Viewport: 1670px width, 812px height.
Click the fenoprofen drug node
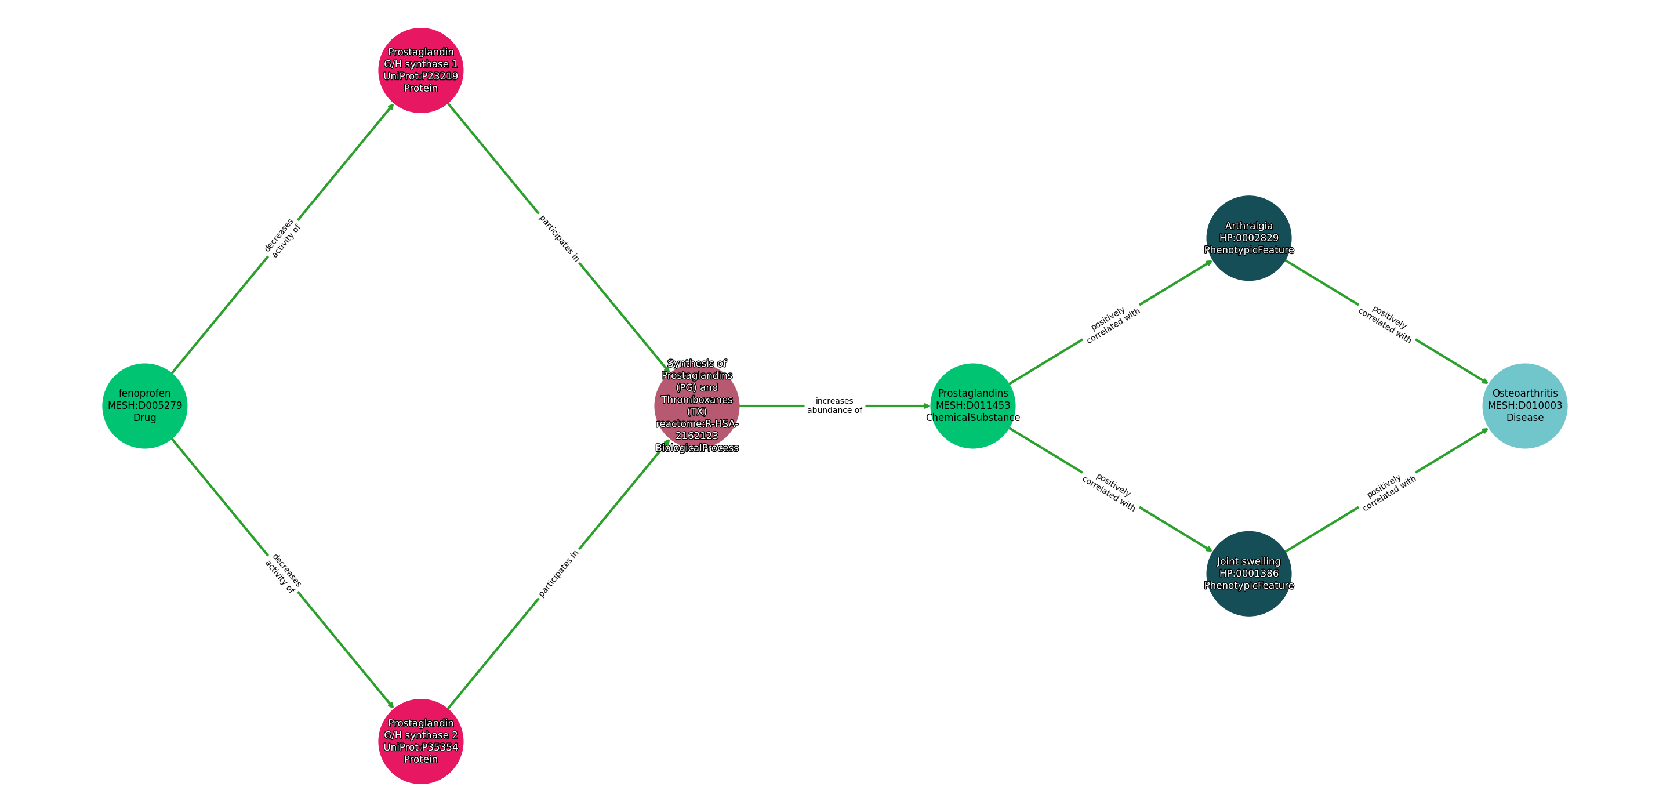point(144,405)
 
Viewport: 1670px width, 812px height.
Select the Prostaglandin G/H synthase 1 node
point(421,70)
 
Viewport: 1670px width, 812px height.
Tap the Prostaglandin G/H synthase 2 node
point(421,741)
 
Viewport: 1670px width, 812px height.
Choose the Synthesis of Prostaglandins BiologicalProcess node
point(697,405)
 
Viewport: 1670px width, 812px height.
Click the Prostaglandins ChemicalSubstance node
point(972,405)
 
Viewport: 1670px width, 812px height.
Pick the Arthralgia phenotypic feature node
point(1248,238)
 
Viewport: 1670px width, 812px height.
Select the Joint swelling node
point(1248,573)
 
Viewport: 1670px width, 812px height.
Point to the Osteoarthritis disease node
point(1525,405)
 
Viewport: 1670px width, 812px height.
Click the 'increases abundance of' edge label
point(834,405)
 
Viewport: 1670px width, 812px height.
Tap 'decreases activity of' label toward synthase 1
point(282,238)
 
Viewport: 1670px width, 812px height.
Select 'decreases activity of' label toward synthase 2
point(282,573)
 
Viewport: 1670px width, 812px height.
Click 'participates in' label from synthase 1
point(559,238)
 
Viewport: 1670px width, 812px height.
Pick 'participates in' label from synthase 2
point(559,573)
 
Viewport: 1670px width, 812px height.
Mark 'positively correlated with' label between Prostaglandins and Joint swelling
point(1110,492)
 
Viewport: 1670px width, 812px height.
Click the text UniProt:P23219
point(421,76)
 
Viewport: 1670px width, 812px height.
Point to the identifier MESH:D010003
point(1525,405)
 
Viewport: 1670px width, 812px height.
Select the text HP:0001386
point(1248,573)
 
